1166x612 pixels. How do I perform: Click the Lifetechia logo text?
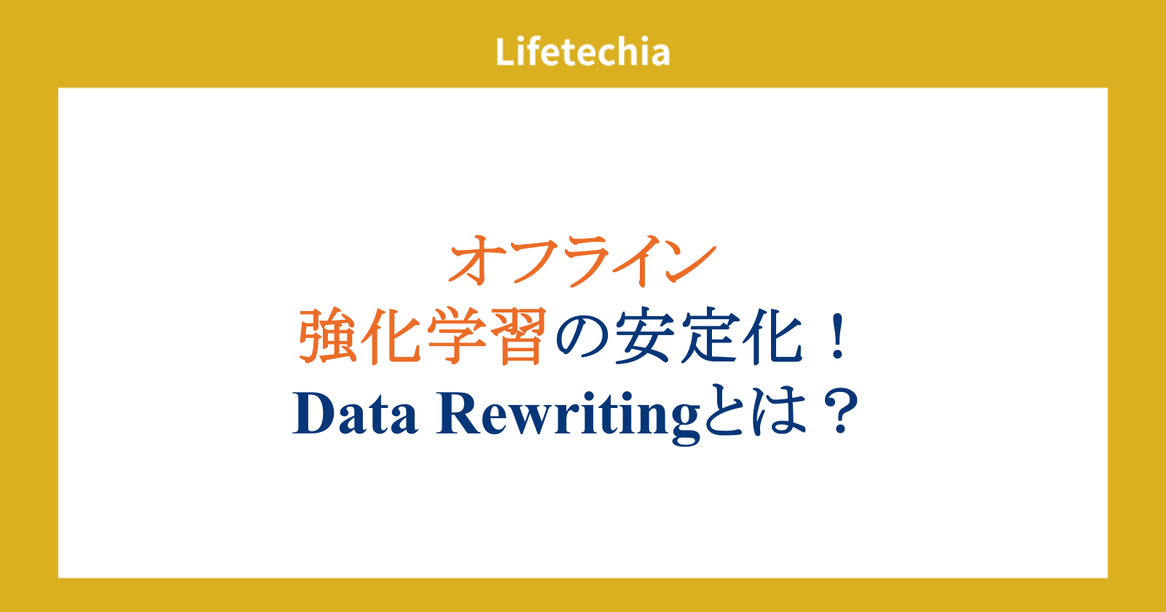(582, 52)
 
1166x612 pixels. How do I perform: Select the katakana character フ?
(536, 261)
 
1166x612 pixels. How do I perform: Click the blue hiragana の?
(582, 337)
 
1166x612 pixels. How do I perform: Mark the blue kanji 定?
(708, 336)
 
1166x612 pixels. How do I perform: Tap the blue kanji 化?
(772, 336)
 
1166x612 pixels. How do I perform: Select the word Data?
(356, 414)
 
